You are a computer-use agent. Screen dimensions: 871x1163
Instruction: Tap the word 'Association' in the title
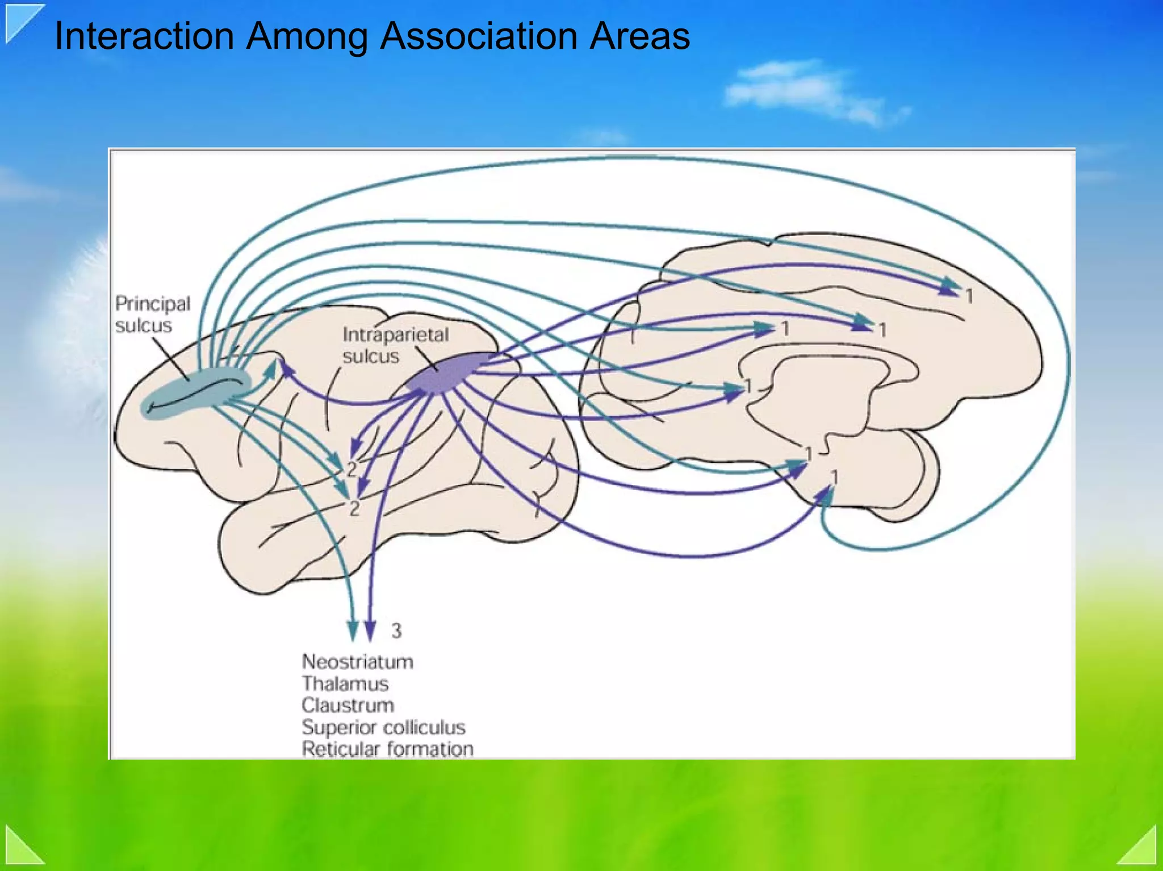pos(479,36)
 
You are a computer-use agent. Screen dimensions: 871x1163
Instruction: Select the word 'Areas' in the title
pos(639,36)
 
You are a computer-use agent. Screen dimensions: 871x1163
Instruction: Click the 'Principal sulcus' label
pos(152,314)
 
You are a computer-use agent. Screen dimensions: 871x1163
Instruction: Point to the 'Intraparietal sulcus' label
pos(395,345)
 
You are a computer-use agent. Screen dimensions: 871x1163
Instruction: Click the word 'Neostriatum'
pos(357,661)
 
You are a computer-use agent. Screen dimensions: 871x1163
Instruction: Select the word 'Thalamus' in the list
pos(345,684)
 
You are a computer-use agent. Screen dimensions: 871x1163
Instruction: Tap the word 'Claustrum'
pos(348,705)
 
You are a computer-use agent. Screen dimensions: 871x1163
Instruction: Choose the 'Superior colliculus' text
pos(383,727)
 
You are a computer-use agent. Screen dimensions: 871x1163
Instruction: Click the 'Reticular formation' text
pos(387,749)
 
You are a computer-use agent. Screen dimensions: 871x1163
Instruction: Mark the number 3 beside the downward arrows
pos(396,630)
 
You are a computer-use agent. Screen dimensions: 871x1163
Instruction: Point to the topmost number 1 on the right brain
pos(969,296)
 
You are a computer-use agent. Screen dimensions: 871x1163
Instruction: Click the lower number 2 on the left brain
pos(354,508)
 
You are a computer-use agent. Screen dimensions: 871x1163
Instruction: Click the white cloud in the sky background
pos(806,91)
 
